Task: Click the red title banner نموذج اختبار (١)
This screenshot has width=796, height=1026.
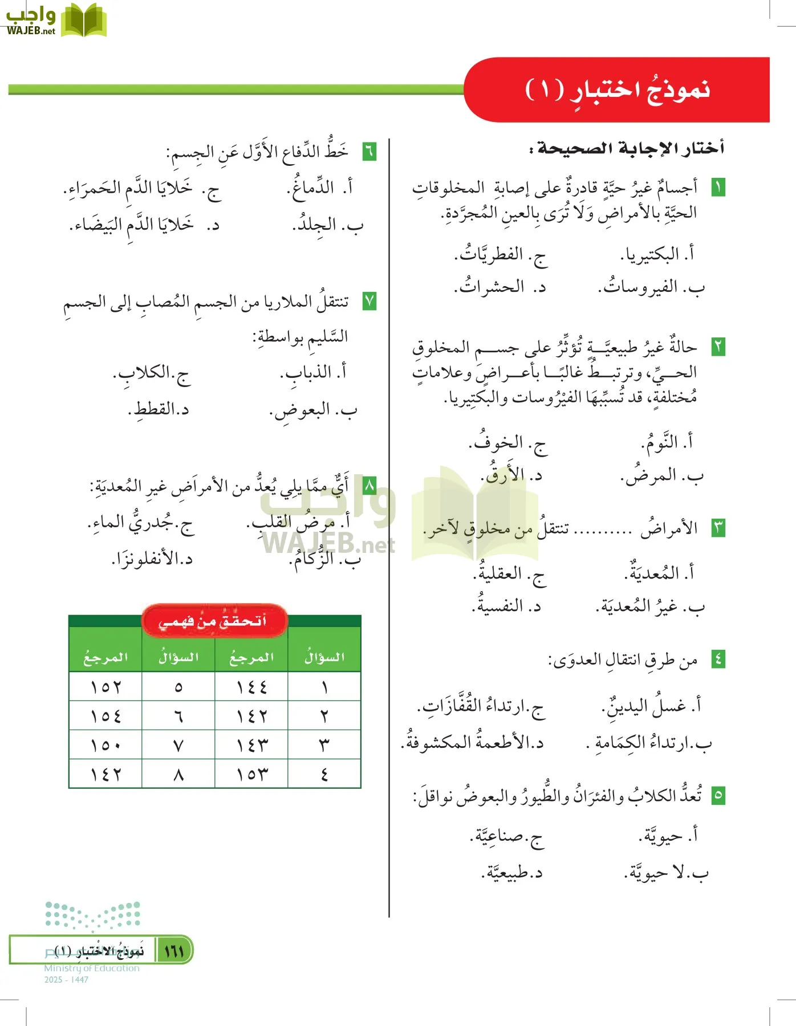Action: coord(617,89)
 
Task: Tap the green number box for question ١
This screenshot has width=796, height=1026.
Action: coord(718,187)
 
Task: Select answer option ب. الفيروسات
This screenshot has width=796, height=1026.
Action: coord(651,287)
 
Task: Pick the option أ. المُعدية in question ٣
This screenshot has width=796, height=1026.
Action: coord(659,572)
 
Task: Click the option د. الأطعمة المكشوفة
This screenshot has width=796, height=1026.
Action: coord(473,742)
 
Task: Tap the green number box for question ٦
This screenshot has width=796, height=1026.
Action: coord(369,152)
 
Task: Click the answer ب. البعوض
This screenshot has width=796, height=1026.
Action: coord(313,410)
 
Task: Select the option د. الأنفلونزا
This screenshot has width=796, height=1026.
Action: coord(152,559)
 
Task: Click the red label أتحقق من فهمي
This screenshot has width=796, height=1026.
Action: coord(214,621)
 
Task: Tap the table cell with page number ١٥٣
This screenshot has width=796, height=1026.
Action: coord(251,774)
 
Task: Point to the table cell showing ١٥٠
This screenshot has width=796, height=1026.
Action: coord(105,744)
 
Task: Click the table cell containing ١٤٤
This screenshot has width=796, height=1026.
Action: coord(251,687)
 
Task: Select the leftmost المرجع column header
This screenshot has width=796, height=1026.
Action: coord(105,658)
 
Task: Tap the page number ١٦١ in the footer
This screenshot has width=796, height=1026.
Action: coord(174,951)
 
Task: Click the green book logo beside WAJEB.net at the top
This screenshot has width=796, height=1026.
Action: coord(83,21)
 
